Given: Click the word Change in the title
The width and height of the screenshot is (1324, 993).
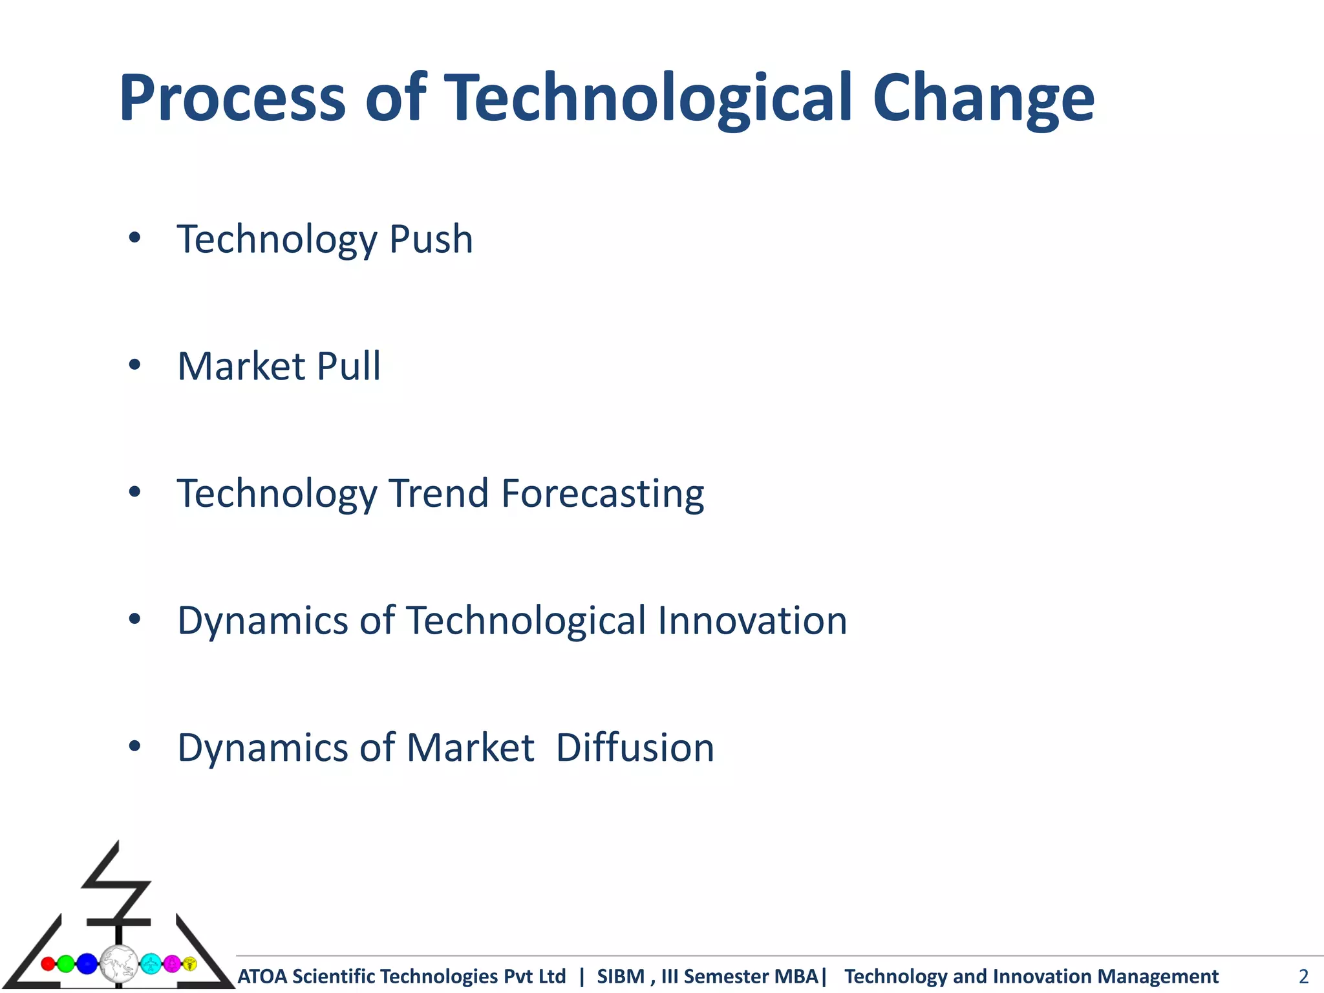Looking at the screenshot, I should pyautogui.click(x=983, y=98).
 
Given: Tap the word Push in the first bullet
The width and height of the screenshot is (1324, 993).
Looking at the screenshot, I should pyautogui.click(x=431, y=239).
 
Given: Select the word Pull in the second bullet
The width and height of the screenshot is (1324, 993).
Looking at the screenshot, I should pyautogui.click(x=349, y=366).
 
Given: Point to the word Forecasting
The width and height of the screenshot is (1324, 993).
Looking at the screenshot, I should pyautogui.click(x=603, y=494).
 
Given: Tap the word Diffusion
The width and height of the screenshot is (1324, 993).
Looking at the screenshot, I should pyautogui.click(x=635, y=748).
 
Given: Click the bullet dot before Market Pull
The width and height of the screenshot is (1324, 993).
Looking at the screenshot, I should pyautogui.click(x=134, y=365).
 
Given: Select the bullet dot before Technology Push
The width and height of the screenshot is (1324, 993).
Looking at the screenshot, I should pyautogui.click(x=134, y=238).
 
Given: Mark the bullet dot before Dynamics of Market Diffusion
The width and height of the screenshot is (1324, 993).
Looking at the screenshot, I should pyautogui.click(x=134, y=747).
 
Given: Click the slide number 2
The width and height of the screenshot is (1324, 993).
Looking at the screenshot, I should pyautogui.click(x=1303, y=976).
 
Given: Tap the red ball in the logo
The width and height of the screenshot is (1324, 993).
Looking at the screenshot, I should pyautogui.click(x=48, y=964).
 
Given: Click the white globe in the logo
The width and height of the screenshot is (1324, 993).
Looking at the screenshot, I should pyautogui.click(x=119, y=964).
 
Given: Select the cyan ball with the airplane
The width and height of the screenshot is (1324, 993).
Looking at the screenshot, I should pyautogui.click(x=151, y=964).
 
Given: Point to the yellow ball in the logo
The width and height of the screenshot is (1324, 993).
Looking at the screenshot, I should pyautogui.click(x=189, y=964).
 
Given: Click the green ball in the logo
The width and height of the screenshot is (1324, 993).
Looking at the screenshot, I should pyautogui.click(x=66, y=964).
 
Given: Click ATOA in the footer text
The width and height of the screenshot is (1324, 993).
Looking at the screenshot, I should pyautogui.click(x=263, y=976).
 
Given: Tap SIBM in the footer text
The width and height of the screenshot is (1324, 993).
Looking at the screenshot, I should pyautogui.click(x=621, y=976).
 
